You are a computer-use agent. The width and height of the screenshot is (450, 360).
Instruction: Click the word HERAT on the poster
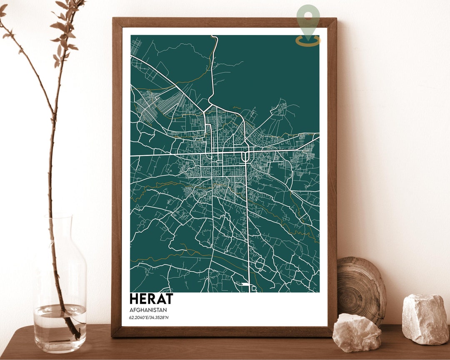(x=151, y=299)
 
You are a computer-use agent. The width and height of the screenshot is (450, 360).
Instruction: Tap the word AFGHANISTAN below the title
(x=148, y=310)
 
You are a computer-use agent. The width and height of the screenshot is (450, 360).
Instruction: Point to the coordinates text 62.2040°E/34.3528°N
(x=149, y=318)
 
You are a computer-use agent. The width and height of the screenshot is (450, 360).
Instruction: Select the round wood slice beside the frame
(x=361, y=287)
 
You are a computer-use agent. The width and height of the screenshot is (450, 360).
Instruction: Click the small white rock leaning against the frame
(x=357, y=332)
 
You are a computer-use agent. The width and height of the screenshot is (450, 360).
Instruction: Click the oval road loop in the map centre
(x=245, y=156)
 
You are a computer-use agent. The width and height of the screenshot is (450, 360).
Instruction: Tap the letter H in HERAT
(x=135, y=299)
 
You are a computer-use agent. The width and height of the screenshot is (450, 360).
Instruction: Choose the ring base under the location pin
(x=308, y=41)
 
